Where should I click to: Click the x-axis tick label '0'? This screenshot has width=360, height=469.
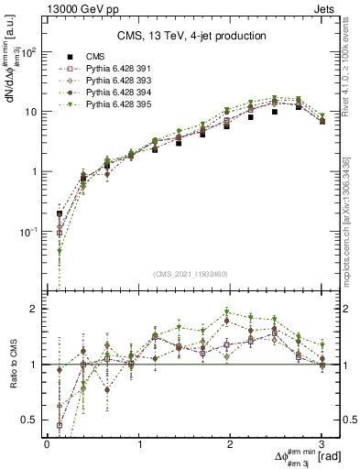click(x=47, y=444)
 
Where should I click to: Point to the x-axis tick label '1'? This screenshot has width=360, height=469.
click(x=139, y=444)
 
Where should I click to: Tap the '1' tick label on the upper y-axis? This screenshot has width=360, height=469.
click(x=37, y=171)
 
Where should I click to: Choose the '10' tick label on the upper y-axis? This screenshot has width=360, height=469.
click(x=32, y=112)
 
